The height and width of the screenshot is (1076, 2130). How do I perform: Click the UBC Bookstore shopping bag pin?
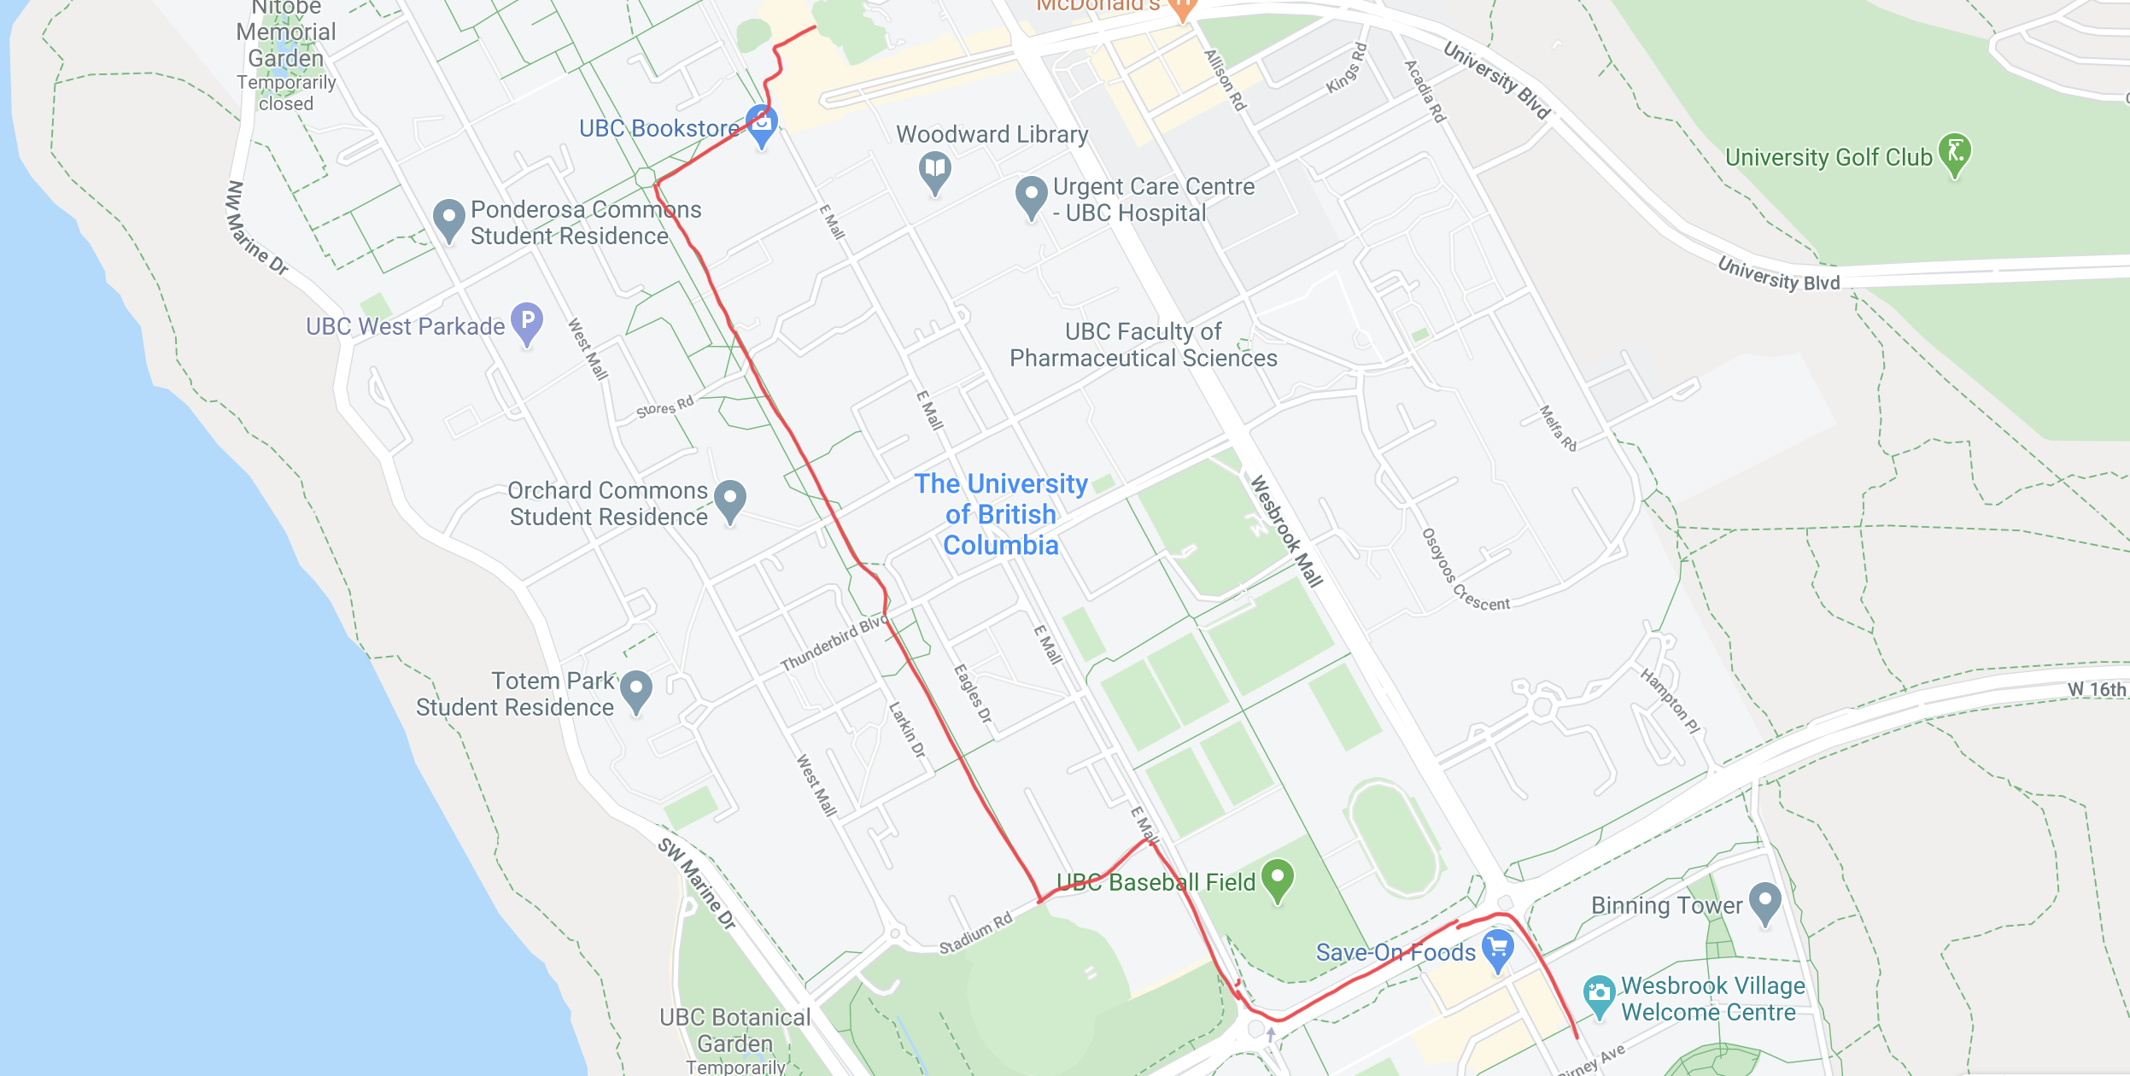pyautogui.click(x=761, y=125)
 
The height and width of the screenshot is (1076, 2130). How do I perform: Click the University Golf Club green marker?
pyautogui.click(x=1954, y=154)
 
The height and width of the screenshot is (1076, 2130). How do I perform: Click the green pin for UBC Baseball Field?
pyautogui.click(x=1277, y=879)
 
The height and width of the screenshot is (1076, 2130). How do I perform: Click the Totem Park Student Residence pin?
pyautogui.click(x=636, y=690)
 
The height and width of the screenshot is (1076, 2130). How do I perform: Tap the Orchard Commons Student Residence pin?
pyautogui.click(x=729, y=500)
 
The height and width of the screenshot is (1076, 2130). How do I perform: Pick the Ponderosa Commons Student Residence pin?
pyautogui.click(x=448, y=219)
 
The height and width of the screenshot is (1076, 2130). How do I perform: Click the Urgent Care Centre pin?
pyautogui.click(x=1031, y=196)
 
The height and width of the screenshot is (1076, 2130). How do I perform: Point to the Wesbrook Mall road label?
pyautogui.click(x=1285, y=530)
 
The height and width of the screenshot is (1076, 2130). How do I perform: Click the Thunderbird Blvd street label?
pyautogui.click(x=834, y=641)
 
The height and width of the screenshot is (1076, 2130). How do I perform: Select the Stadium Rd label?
pyautogui.click(x=975, y=933)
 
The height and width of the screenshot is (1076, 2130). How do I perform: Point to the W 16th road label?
pyautogui.click(x=2096, y=689)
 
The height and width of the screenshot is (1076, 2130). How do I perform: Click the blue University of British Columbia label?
pyautogui.click(x=1001, y=514)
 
